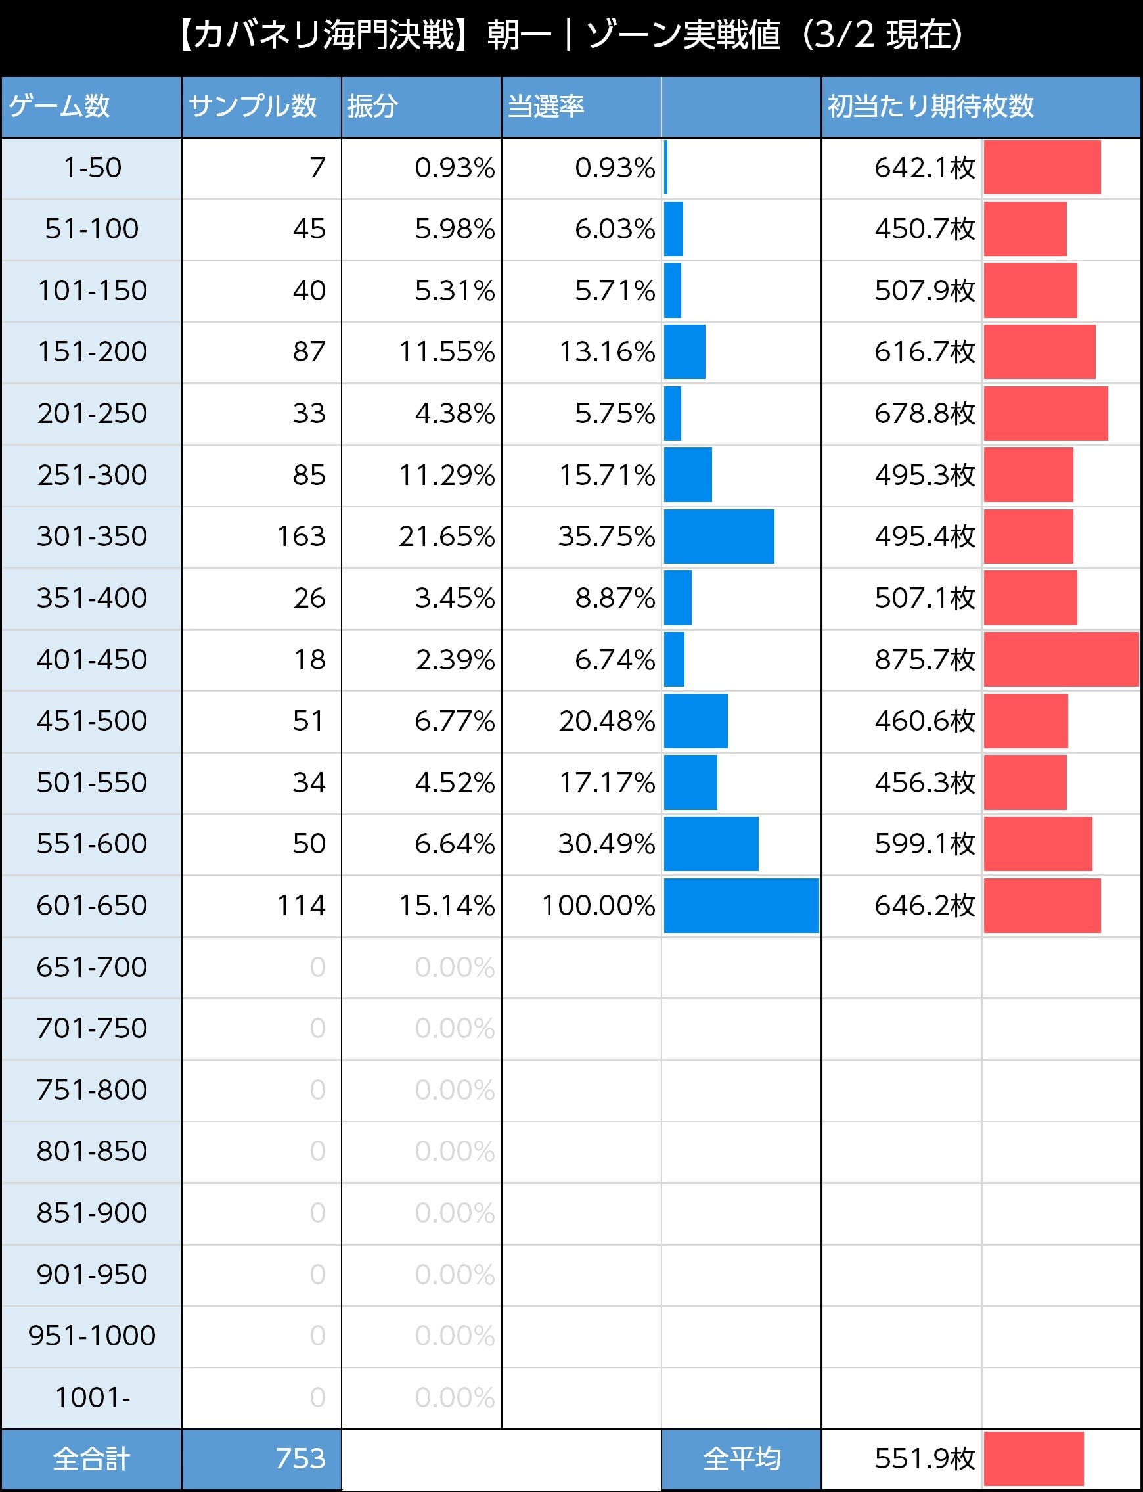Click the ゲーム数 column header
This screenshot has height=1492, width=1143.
coord(59,106)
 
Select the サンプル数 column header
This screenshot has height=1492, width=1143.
coord(252,106)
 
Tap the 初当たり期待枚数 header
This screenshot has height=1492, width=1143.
coord(930,106)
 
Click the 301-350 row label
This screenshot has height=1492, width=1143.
coord(92,536)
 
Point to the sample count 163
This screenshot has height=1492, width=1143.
coord(301,536)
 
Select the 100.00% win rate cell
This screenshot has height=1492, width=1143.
coord(598,905)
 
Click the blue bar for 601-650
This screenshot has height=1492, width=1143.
coord(741,905)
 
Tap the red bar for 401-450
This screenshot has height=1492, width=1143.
coord(1061,659)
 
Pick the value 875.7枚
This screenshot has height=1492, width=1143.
coord(925,659)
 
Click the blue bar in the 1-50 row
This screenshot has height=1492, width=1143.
coord(666,168)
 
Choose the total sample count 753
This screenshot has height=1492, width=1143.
coord(300,1458)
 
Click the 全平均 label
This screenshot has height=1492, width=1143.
coord(741,1458)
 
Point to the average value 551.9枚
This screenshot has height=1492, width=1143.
coord(925,1458)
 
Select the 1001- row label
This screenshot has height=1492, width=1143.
coord(92,1397)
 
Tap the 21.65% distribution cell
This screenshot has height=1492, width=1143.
coord(446,536)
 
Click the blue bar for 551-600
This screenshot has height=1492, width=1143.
coord(711,844)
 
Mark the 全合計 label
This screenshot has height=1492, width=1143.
coord(91,1458)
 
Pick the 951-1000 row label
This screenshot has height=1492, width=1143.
coord(92,1336)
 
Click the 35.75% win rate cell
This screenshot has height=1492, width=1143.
coord(606,536)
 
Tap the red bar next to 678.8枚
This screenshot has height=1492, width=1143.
coord(1045,413)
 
